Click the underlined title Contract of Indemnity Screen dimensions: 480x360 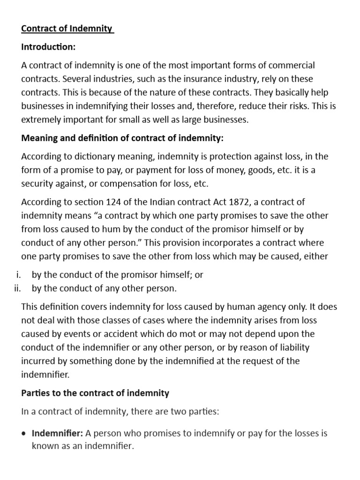[67, 29]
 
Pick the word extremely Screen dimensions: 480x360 [41, 119]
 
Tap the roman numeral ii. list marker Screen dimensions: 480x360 [19, 288]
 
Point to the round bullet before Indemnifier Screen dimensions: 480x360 [24, 433]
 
